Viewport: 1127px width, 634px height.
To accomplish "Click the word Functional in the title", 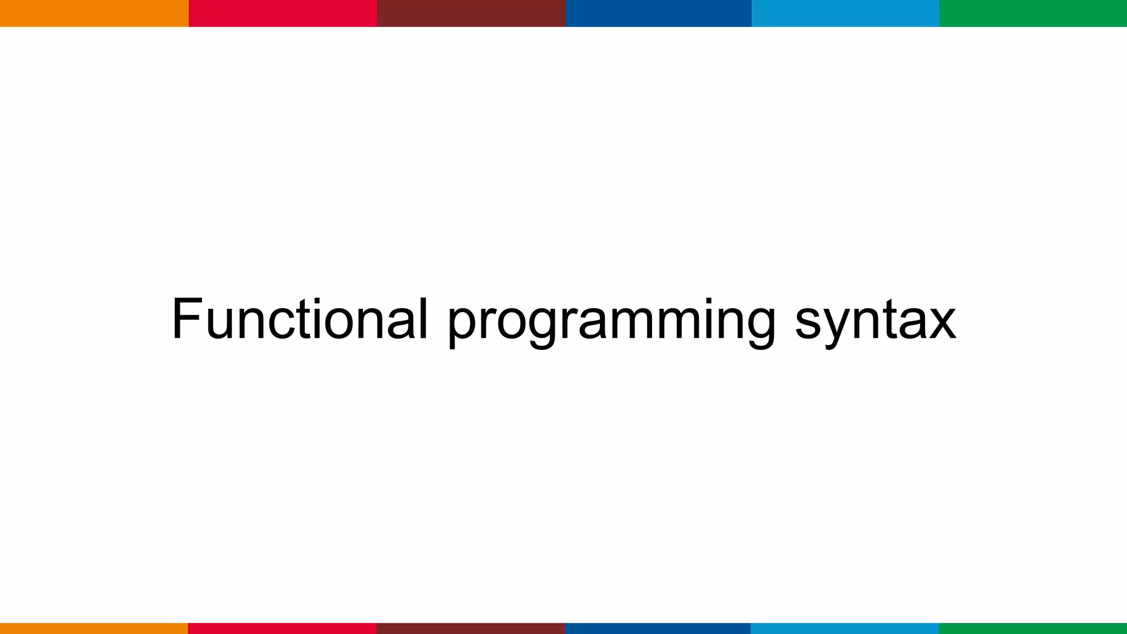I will (x=299, y=319).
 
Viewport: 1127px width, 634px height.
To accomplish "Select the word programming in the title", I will (x=611, y=322).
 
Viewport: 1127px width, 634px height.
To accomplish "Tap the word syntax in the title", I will (x=875, y=322).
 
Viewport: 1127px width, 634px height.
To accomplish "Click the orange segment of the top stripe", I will (x=94, y=13).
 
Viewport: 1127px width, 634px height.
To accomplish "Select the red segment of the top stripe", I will (x=283, y=13).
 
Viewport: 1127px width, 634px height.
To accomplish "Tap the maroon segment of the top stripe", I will (x=471, y=13).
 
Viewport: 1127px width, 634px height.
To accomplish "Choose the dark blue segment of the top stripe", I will (x=658, y=13).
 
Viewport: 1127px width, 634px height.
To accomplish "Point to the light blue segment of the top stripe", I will (x=845, y=13).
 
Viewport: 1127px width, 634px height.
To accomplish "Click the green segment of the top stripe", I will (x=1033, y=13).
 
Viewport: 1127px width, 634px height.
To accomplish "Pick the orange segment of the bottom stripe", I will (x=94, y=628).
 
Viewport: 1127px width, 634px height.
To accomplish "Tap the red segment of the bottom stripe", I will (x=282, y=628).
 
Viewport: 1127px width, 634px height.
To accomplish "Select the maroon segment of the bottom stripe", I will (x=471, y=628).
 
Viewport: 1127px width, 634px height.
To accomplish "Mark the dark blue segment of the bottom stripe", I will (x=658, y=628).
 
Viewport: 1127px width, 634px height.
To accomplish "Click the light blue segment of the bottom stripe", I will (x=845, y=628).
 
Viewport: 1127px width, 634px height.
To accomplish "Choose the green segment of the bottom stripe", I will (x=1033, y=628).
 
